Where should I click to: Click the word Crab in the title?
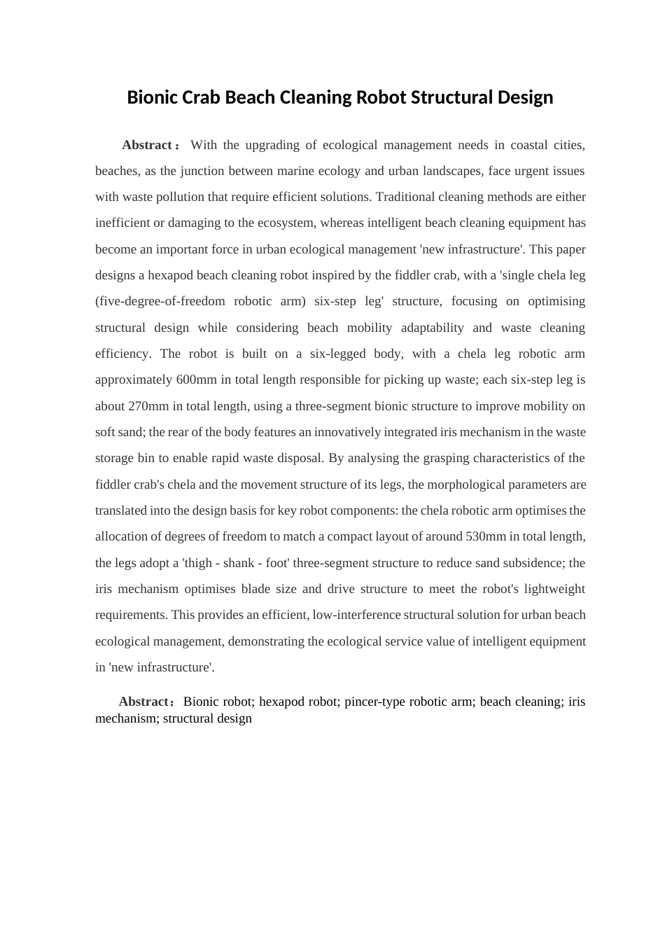click(202, 97)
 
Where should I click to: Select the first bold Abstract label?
click(147, 145)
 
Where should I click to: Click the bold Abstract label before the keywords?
click(143, 702)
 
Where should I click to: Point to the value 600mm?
click(197, 379)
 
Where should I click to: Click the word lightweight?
click(552, 589)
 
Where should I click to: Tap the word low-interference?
click(357, 615)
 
